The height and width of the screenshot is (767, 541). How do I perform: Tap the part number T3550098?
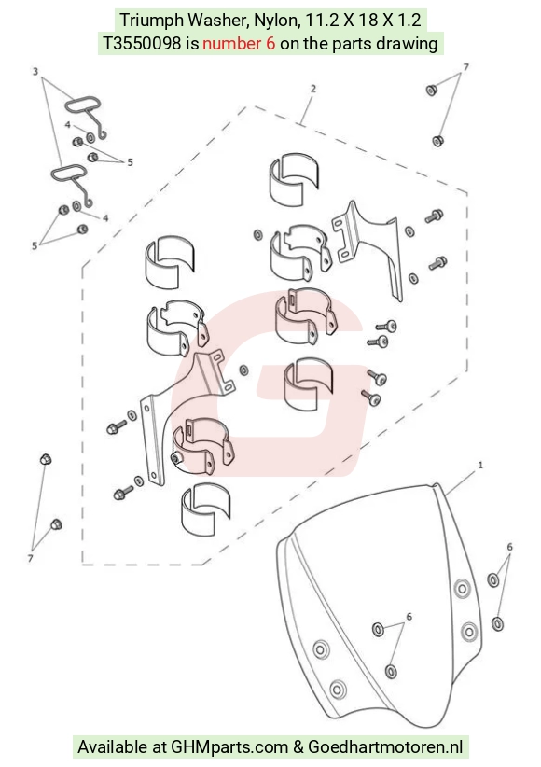coord(142,44)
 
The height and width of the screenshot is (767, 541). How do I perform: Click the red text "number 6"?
coord(239,44)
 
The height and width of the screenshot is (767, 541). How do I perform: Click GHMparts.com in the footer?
coord(229,747)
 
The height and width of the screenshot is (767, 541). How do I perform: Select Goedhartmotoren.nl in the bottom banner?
coord(385,747)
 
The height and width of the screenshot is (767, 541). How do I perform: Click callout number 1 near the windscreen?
coord(480,465)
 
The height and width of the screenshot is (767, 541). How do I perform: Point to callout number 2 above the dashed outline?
coord(313,89)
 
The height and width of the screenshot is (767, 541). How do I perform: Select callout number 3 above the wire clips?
coord(35,72)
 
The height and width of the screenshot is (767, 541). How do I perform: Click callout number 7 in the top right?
coord(465,67)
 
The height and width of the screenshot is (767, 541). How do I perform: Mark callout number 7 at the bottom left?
coord(31,558)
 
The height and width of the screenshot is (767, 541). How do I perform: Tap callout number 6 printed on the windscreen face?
coord(409,617)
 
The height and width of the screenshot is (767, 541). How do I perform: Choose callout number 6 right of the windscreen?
coord(509,547)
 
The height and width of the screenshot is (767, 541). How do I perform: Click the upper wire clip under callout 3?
coord(83,105)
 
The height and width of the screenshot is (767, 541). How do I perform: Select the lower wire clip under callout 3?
coord(69,174)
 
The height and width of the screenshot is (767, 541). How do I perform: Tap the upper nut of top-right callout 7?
coord(432,91)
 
